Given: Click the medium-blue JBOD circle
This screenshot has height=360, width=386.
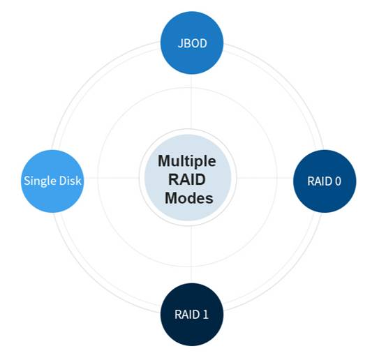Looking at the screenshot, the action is (x=192, y=43).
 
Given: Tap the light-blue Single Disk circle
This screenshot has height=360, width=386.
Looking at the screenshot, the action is (x=52, y=181).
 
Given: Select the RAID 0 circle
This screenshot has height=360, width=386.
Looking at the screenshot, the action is (x=325, y=181).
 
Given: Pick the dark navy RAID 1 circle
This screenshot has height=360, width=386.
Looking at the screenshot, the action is (x=192, y=314).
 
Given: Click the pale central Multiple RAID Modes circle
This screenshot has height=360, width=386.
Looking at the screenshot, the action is (x=188, y=177).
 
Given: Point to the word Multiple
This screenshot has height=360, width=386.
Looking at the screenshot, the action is (x=187, y=161).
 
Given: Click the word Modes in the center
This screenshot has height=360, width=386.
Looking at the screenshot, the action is (x=189, y=198).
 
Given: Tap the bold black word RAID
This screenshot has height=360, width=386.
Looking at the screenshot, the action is (x=187, y=179).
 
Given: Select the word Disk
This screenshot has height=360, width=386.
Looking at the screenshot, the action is (x=70, y=181).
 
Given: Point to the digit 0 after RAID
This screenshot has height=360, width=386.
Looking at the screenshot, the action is (x=338, y=181).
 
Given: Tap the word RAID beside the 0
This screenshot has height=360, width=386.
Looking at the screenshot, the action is (x=320, y=181).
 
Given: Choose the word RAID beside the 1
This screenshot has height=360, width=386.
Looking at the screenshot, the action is (x=187, y=314).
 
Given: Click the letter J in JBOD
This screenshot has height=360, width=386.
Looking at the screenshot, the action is (x=180, y=43).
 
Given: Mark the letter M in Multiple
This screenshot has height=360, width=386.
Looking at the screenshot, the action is (x=165, y=160).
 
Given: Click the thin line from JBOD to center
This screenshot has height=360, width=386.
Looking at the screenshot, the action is (x=191, y=102).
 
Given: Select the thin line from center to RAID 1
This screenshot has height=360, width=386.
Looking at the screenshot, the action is (x=191, y=255).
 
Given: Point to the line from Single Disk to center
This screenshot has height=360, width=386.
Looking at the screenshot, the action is (x=112, y=178).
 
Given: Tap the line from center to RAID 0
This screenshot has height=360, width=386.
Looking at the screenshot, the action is (x=265, y=178).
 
